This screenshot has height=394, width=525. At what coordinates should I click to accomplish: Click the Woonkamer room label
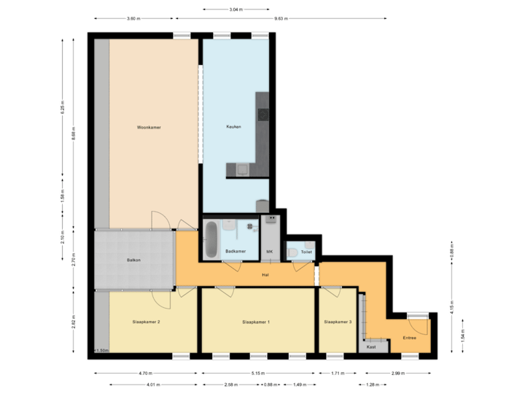(x=148, y=128)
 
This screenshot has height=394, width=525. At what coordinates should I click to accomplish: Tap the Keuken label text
(x=233, y=127)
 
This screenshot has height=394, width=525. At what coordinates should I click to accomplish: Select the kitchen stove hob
(x=262, y=114)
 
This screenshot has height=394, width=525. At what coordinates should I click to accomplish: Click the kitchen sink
(x=241, y=169)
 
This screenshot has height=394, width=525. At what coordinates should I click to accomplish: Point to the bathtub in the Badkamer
(x=211, y=239)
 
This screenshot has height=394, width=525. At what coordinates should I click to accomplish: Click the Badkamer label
(x=235, y=251)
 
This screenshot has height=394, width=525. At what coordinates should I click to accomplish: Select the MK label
(x=269, y=251)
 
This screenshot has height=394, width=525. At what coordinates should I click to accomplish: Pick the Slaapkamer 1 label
(x=257, y=322)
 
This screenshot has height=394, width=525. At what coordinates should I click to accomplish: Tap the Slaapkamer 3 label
(x=338, y=322)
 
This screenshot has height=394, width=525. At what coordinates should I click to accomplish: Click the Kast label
(x=371, y=347)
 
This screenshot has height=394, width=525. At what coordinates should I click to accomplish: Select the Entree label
(x=411, y=338)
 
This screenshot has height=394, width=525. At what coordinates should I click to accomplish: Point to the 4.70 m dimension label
(x=145, y=374)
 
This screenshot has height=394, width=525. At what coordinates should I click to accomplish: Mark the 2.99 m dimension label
(x=397, y=374)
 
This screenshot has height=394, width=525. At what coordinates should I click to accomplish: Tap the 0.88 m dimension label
(x=271, y=385)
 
